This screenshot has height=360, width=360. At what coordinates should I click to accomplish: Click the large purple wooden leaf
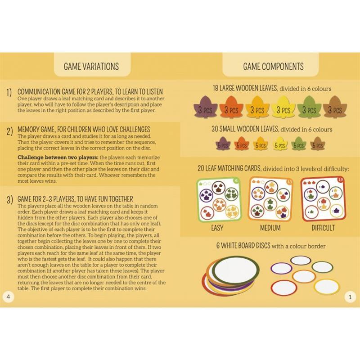[x=205, y=107]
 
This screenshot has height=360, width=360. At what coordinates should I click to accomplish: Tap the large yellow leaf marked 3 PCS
[x=283, y=107]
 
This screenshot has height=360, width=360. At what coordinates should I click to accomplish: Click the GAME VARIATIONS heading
[x=91, y=67]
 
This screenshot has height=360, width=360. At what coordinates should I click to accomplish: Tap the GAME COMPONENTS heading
[x=273, y=67]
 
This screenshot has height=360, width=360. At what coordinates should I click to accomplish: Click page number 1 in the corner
[x=350, y=297]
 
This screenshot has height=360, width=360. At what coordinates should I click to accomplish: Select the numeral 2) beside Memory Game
[x=9, y=131]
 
